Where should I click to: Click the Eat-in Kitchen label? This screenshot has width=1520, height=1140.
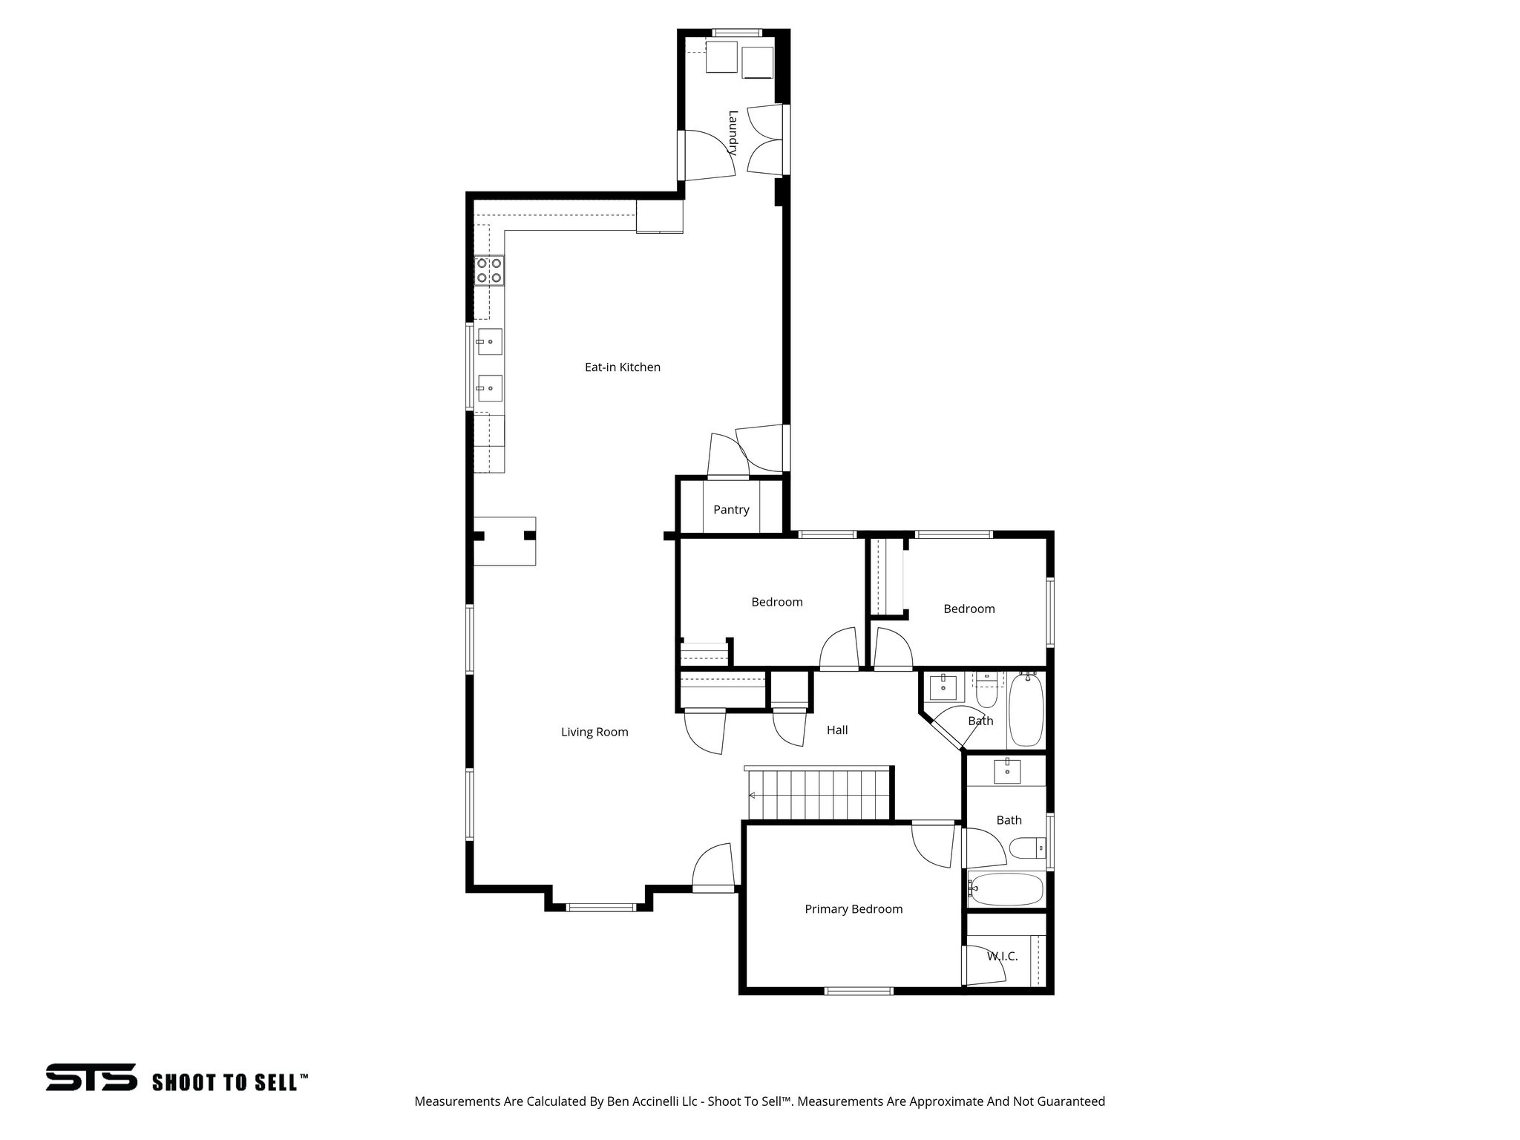coord(622,367)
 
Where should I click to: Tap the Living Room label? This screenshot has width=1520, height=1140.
coord(594,732)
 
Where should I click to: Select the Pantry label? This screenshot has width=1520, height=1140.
coord(731,509)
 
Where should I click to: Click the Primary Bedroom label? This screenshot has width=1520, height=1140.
coord(854,909)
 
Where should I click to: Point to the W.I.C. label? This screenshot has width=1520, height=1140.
coord(1002,957)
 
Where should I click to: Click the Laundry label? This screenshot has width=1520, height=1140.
coord(733,132)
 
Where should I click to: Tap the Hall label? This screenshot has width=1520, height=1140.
coord(837,730)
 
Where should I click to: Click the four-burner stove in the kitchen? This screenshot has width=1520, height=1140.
coord(489,270)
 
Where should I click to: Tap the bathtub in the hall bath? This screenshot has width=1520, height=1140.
coord(1026,709)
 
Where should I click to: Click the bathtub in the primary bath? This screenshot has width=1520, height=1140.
coord(1006,889)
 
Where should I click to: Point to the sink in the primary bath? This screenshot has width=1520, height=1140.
coord(1007,772)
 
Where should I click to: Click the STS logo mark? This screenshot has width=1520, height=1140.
coord(91,1077)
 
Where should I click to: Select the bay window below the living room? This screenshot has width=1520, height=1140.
coord(600,907)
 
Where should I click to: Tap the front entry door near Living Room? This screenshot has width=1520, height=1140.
coord(713,868)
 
